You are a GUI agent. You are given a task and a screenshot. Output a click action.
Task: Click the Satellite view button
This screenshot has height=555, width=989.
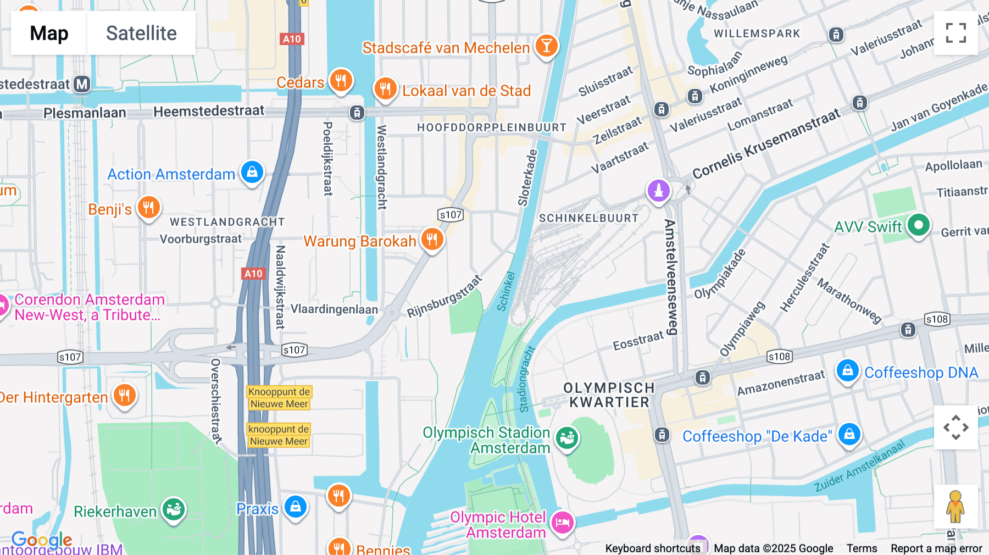coord(141,33)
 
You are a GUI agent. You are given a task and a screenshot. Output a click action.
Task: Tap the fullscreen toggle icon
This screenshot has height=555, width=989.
coord(955,33)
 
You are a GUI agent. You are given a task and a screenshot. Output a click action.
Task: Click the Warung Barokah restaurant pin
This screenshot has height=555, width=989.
coord(432,240)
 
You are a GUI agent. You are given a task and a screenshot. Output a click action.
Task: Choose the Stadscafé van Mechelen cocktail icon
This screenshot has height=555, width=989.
coord(546,46)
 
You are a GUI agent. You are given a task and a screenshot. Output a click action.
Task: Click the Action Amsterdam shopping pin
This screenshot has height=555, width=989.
coord(252,173)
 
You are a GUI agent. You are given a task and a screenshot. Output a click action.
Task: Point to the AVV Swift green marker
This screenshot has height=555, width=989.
coord(918,225)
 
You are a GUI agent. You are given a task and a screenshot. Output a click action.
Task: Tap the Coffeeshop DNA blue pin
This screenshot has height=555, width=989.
coord(847,371)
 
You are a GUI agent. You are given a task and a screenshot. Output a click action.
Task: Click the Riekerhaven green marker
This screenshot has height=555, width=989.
coord(174,509)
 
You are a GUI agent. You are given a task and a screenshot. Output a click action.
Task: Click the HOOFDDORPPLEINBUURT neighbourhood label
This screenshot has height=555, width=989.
coord(491,127)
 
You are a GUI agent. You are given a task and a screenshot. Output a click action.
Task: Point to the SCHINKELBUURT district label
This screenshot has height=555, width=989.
coord(588,218)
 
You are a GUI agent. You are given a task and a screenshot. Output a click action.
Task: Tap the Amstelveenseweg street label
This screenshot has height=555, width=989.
coord(670,277)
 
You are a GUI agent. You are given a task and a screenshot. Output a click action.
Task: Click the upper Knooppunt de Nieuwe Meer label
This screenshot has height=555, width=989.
coord(279,398)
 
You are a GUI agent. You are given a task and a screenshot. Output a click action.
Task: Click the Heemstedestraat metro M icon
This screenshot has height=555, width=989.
coord(82,84)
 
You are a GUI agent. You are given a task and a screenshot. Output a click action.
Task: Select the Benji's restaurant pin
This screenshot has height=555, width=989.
coord(148,208)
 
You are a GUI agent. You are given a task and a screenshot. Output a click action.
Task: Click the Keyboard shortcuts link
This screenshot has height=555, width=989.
coord(652,548)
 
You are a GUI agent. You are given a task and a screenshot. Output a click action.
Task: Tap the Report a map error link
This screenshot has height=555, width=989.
coord(936,548)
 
